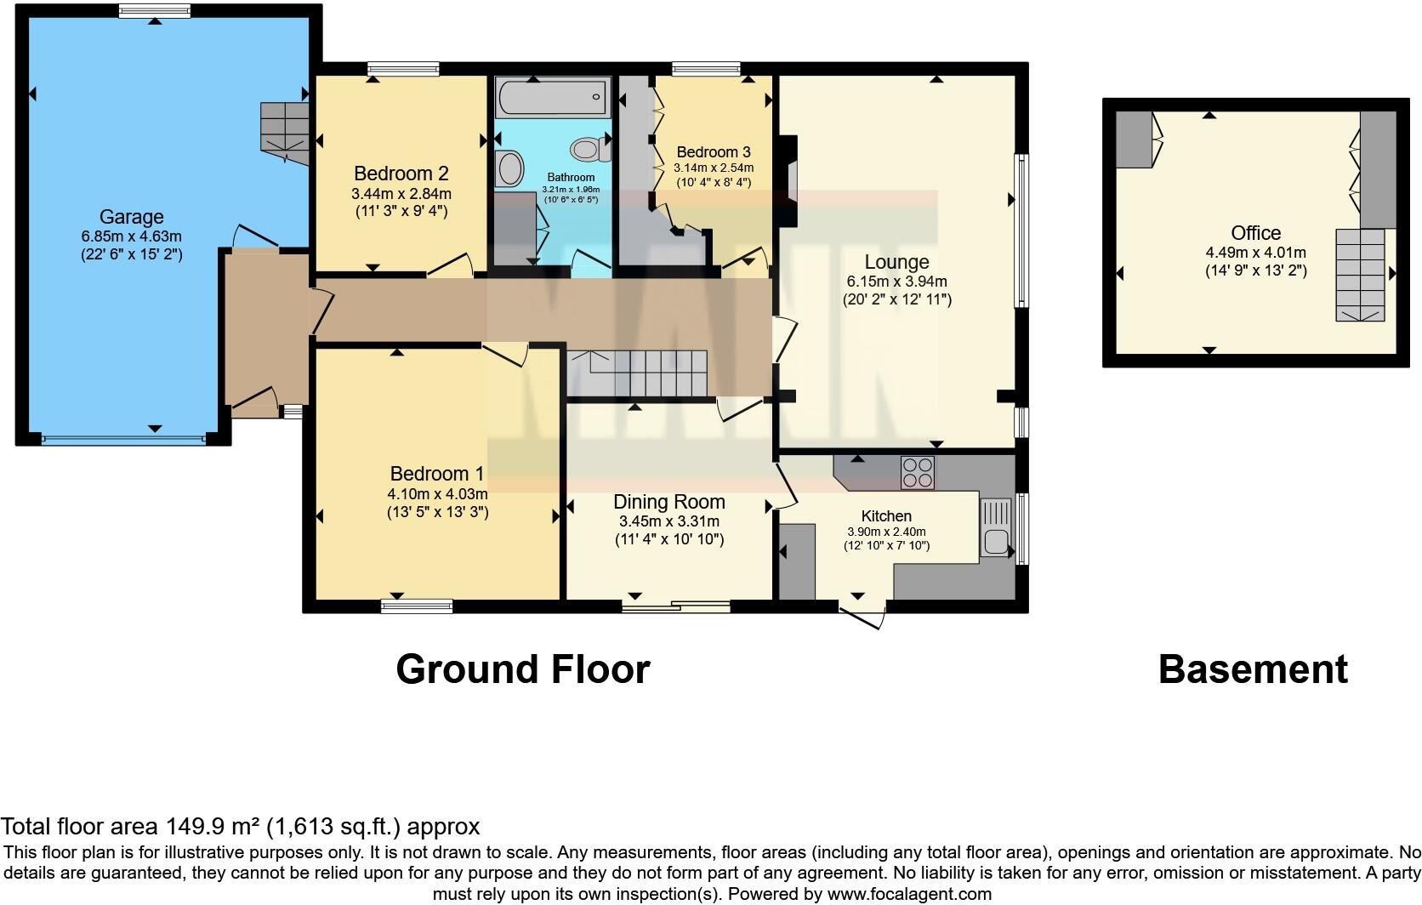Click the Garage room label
(x=131, y=217)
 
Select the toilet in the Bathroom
(x=589, y=151)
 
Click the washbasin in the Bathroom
(x=509, y=168)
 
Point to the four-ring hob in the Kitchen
(x=917, y=472)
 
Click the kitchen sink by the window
(x=995, y=527)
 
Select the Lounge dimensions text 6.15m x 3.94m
(x=896, y=282)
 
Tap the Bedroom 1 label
(x=437, y=474)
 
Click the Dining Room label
(x=669, y=502)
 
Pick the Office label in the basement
(x=1255, y=233)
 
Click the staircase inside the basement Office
(x=1360, y=275)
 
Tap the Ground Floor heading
(x=522, y=669)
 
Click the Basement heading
(x=1253, y=669)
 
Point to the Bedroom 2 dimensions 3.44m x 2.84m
(x=401, y=194)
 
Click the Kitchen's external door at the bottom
(x=862, y=616)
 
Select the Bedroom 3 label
(x=713, y=152)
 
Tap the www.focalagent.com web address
(x=909, y=894)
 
